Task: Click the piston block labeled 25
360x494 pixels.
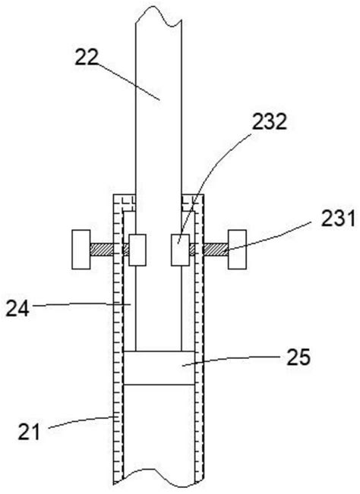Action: click(x=159, y=368)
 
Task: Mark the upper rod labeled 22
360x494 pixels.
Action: click(x=159, y=114)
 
